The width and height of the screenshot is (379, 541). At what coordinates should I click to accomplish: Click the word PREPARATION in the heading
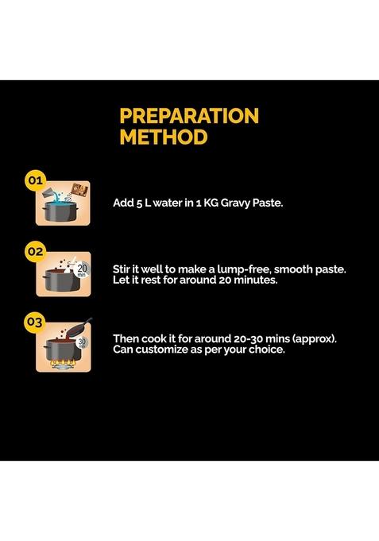point(189,115)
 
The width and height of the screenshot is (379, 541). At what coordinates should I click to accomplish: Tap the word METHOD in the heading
point(164,137)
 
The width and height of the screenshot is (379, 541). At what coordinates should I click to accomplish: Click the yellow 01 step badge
point(35,180)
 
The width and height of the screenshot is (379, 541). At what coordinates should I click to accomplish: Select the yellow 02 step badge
point(35,251)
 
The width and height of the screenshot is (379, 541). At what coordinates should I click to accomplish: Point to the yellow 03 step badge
point(35,323)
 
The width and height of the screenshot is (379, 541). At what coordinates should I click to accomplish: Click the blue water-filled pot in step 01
point(60,211)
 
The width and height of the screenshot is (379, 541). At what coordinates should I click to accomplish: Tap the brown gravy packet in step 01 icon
point(80,190)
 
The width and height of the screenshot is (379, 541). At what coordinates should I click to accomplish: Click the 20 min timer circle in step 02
point(82,270)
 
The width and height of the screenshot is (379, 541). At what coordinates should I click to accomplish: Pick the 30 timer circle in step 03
point(82,342)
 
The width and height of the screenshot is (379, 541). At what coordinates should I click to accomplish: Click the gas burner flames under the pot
point(63,363)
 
